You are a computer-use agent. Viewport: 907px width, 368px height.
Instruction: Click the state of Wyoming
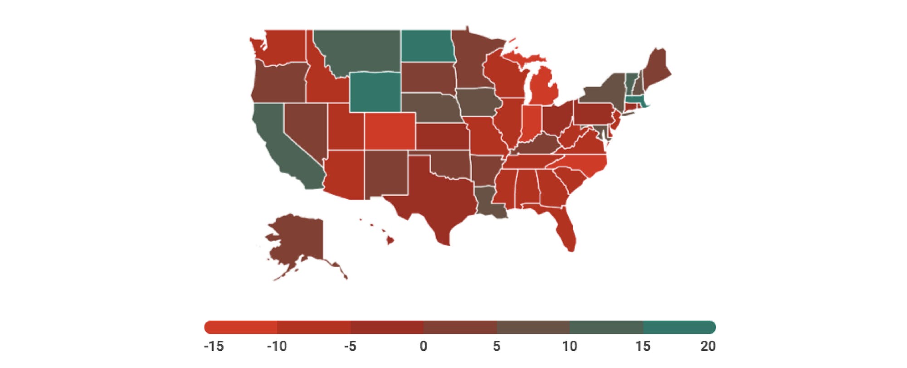pyautogui.click(x=375, y=91)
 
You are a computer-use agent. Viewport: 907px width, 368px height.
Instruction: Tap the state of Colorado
pyautogui.click(x=390, y=131)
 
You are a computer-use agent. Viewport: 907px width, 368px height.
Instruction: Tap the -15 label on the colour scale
pyautogui.click(x=214, y=347)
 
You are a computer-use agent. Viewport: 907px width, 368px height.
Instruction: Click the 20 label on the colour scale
pyautogui.click(x=707, y=347)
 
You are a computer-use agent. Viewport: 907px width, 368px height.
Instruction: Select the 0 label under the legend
pyautogui.click(x=423, y=347)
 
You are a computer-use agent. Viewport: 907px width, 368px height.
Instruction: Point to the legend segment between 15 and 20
pyautogui.click(x=679, y=328)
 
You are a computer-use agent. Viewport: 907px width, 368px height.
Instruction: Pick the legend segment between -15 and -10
pyautogui.click(x=241, y=328)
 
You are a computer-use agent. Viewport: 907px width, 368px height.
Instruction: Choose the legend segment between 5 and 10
pyautogui.click(x=533, y=328)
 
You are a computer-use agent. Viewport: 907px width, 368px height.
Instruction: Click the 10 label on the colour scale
pyautogui.click(x=570, y=347)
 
